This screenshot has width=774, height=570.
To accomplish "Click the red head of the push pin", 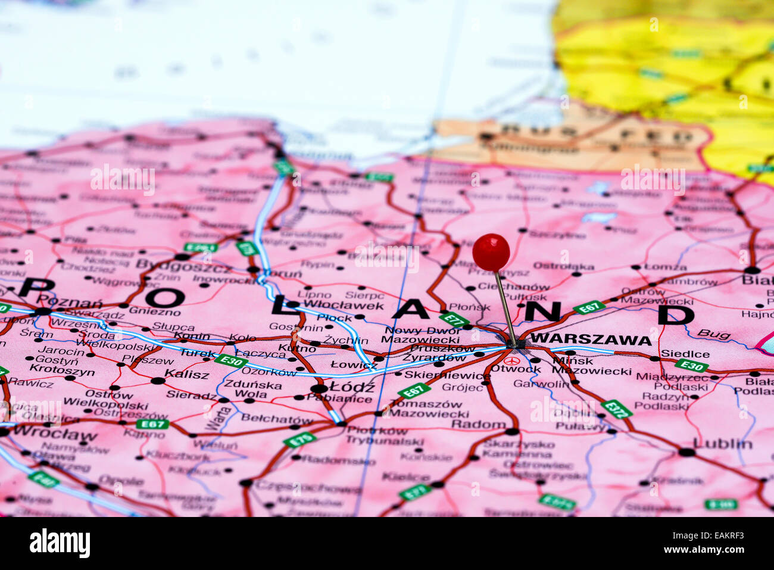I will pyautogui.click(x=491, y=252).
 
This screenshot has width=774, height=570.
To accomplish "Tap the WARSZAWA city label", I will pyautogui.click(x=590, y=339).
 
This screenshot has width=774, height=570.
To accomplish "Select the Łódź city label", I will pyautogui.click(x=352, y=387).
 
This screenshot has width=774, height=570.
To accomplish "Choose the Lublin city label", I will pyautogui.click(x=722, y=444).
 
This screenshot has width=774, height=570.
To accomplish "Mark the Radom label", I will pyautogui.click(x=478, y=424).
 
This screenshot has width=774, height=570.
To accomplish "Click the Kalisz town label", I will pyautogui.click(x=187, y=375).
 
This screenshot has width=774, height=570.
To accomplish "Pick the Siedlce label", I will pyautogui.click(x=685, y=354).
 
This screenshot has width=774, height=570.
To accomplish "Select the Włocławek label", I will pyautogui.click(x=343, y=306).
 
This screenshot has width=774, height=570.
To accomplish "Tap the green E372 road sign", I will pyautogui.click(x=616, y=409).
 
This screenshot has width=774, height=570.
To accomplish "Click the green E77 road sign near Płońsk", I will pyautogui.click(x=454, y=319).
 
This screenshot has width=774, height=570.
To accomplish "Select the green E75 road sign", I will pyautogui.click(x=299, y=440).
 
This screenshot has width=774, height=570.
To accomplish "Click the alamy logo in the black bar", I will pyautogui.click(x=60, y=543).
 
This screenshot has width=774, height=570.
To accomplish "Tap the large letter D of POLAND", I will pyautogui.click(x=676, y=314).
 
